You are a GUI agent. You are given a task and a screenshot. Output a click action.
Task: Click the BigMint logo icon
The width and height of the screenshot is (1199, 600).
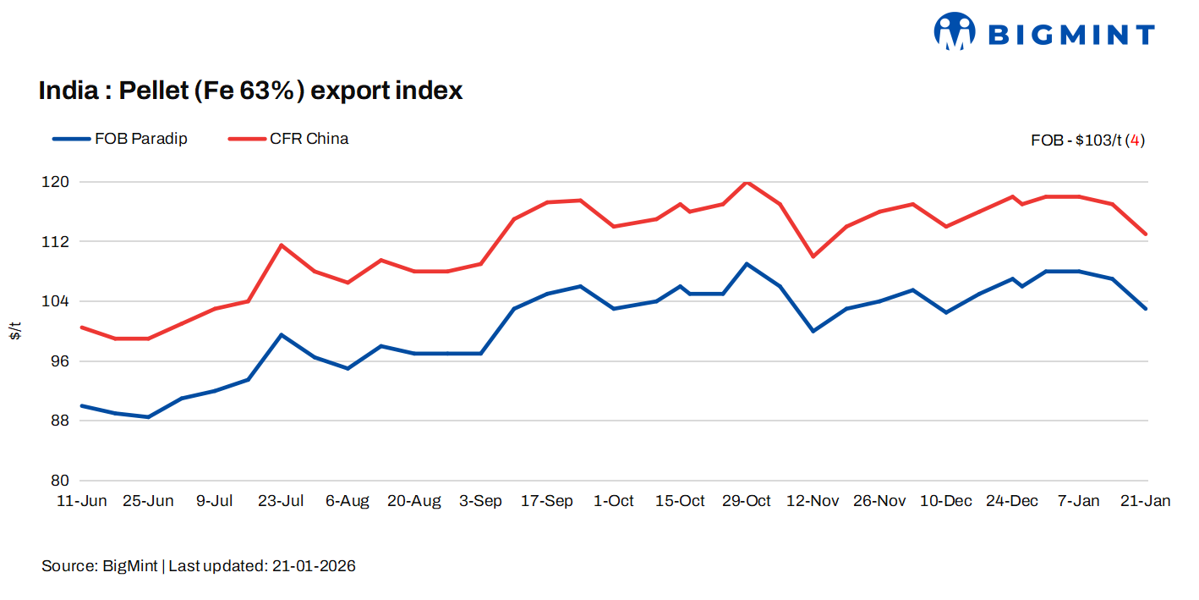955,31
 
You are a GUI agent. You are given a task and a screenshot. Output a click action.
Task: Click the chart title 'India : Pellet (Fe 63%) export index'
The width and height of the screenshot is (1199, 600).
250,91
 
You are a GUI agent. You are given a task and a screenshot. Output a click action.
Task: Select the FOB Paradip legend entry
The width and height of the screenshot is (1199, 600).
120,139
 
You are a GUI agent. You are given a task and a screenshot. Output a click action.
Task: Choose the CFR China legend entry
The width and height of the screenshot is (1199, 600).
288,139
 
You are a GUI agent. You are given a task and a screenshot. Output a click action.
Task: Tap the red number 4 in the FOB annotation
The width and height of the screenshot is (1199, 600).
1136,140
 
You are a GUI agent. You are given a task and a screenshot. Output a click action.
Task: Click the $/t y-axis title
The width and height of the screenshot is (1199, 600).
15,331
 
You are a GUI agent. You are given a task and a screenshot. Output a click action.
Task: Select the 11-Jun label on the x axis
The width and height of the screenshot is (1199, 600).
81,501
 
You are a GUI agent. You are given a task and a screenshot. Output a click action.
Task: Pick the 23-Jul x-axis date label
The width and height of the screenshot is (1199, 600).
281,501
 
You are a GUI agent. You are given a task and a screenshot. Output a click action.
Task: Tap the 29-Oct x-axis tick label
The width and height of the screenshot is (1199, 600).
746,501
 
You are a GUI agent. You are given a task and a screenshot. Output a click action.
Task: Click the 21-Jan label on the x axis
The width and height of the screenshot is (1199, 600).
1145,501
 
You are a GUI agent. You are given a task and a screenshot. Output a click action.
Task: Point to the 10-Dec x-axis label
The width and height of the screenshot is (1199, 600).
945,501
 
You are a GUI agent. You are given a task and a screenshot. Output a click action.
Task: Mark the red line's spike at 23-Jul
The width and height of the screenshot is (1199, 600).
281,245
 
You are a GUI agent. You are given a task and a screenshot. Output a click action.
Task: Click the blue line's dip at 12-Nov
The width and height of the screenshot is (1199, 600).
813,331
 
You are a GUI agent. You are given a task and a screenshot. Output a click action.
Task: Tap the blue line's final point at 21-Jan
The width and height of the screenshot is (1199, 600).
1146,309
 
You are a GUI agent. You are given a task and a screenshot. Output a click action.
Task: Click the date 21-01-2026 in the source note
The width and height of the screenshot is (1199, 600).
314,566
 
